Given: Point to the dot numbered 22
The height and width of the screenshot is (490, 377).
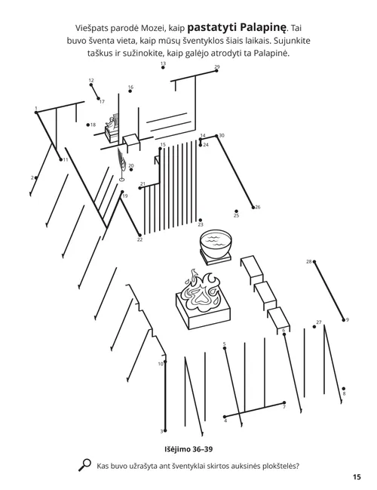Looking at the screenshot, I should [139, 234].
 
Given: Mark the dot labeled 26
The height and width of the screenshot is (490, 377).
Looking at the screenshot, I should [253, 206].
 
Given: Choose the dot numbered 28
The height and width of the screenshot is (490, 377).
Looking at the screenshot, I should [314, 262].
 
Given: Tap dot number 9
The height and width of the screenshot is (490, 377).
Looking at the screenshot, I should [344, 319].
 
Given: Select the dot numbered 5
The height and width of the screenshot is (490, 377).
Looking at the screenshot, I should [225, 349].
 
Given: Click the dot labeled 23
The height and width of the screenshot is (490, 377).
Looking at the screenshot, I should [200, 219].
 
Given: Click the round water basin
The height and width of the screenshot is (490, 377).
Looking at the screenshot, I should [216, 245].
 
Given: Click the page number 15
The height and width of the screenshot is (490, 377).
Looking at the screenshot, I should [356, 476].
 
